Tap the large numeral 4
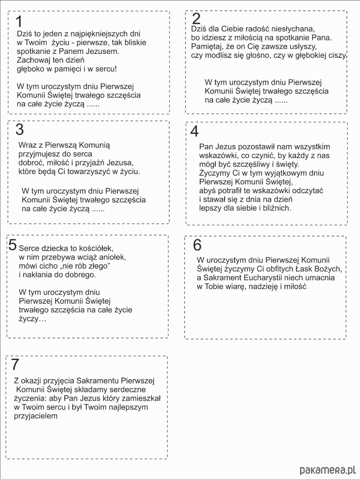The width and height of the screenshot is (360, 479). coord(195,131)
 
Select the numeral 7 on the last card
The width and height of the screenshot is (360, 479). coord(15,364)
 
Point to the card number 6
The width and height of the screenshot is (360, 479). coord(197,245)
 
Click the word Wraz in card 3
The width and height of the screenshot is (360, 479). coord(26,145)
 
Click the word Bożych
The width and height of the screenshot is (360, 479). coord(330,269)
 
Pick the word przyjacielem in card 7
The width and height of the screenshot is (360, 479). coord(36,416)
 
